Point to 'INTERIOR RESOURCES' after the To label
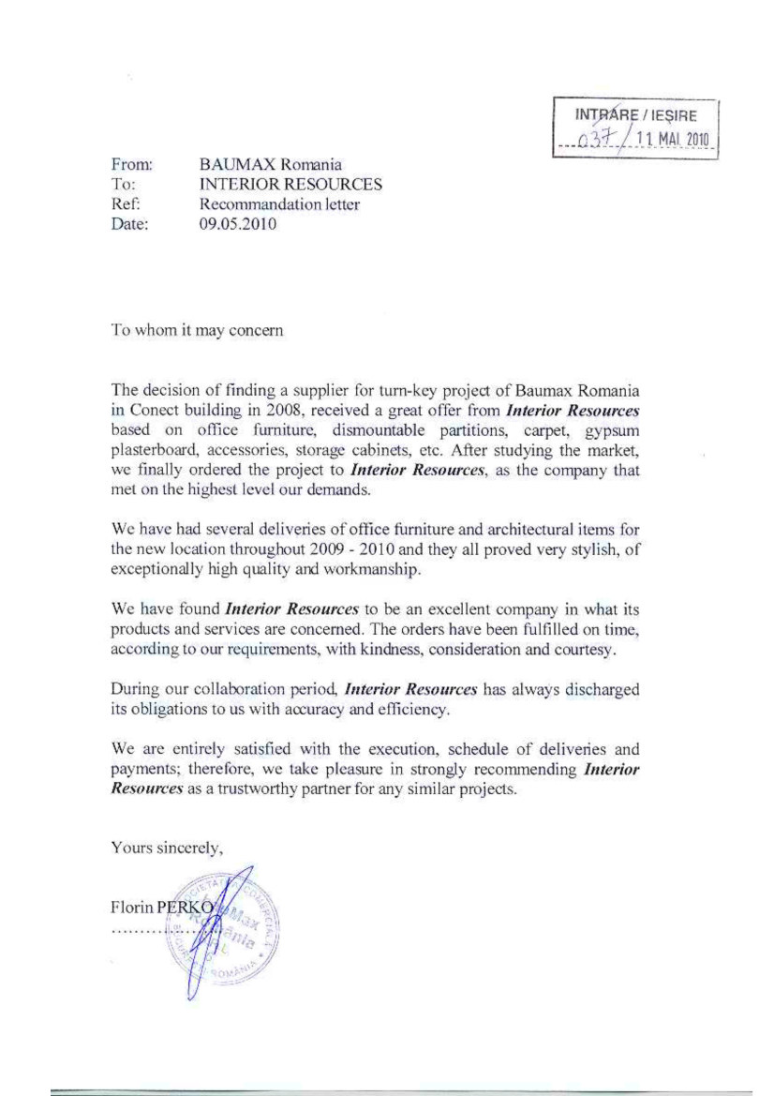click(x=291, y=185)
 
